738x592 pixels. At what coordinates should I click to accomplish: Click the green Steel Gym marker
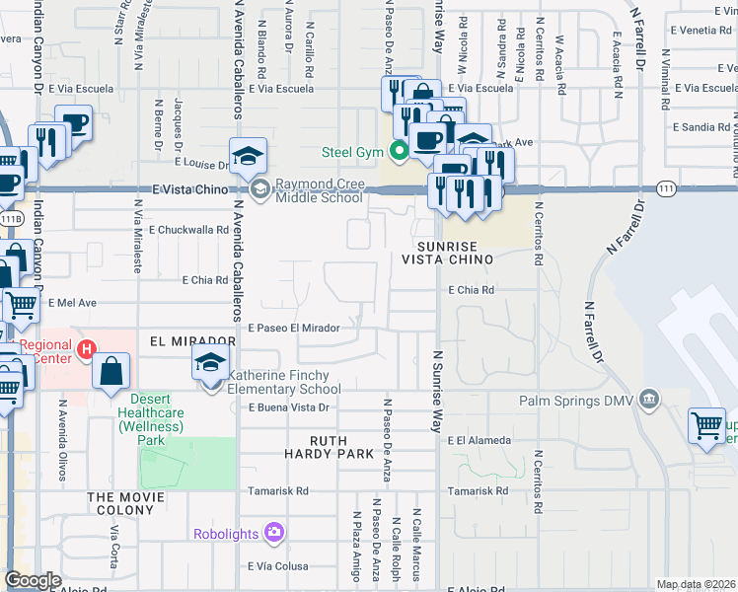(x=400, y=151)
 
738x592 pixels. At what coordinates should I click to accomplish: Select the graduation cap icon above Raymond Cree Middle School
(x=248, y=155)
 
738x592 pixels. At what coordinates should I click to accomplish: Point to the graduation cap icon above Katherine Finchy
(x=211, y=362)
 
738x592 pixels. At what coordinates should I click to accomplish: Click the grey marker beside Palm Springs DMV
(x=648, y=400)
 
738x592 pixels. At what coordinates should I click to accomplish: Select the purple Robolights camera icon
(x=274, y=533)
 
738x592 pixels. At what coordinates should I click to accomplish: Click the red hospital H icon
(x=87, y=348)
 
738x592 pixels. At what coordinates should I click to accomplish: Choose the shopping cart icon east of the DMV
(x=706, y=426)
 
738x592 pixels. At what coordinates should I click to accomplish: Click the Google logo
(x=33, y=580)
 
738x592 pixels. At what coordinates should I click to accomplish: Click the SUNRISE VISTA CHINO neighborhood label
(x=447, y=252)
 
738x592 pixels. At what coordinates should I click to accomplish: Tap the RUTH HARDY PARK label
(x=342, y=447)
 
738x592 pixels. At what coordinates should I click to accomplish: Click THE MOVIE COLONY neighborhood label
(x=121, y=503)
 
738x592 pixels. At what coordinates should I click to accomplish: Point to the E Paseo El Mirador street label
(x=293, y=328)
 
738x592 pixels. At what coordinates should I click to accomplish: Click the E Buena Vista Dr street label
(x=288, y=407)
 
